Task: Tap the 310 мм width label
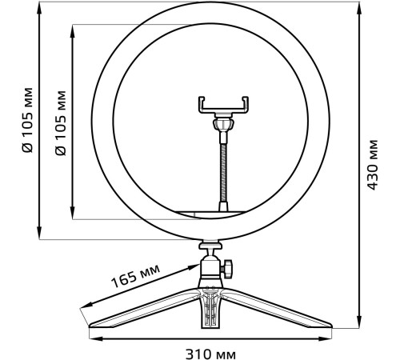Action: [x=211, y=352]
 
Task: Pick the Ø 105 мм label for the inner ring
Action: [x=62, y=120]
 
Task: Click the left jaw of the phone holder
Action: [x=200, y=103]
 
